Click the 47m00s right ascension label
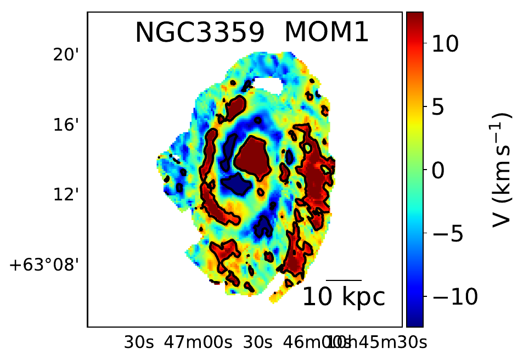tap(198, 343)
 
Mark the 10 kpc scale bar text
tap(344, 297)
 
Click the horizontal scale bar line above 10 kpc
tap(344, 280)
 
